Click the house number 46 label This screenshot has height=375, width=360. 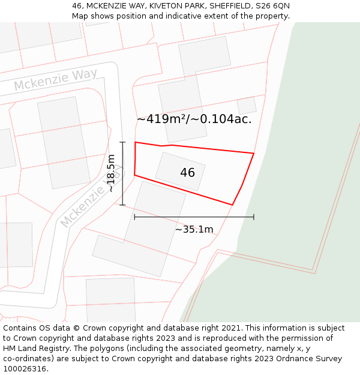coord(187,173)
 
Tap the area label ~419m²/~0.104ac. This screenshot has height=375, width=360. coord(194,119)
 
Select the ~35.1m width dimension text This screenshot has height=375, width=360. coord(194,229)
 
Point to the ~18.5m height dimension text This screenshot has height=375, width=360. coord(111,173)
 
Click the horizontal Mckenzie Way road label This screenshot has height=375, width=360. coord(55,80)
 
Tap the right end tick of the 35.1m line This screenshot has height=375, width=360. coord(254,217)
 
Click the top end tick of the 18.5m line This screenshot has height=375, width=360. coord(122,142)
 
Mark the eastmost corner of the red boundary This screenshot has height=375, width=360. coord(254,154)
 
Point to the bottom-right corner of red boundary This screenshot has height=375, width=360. coord(232,205)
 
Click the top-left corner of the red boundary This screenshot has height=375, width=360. coord(135,143)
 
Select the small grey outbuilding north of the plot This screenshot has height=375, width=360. coord(246,106)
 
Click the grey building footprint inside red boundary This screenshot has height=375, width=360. coord(180,171)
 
